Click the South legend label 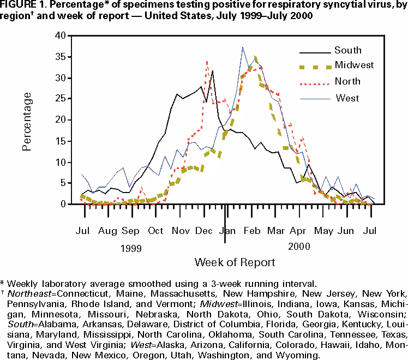pyautogui.click(x=347, y=51)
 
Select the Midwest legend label pyautogui.click(x=354, y=65)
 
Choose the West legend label pyautogui.click(x=347, y=98)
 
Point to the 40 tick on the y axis pyautogui.click(x=65, y=36)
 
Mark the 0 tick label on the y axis pyautogui.click(x=69, y=204)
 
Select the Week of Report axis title pyautogui.click(x=235, y=262)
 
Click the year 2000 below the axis pyautogui.click(x=299, y=247)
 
